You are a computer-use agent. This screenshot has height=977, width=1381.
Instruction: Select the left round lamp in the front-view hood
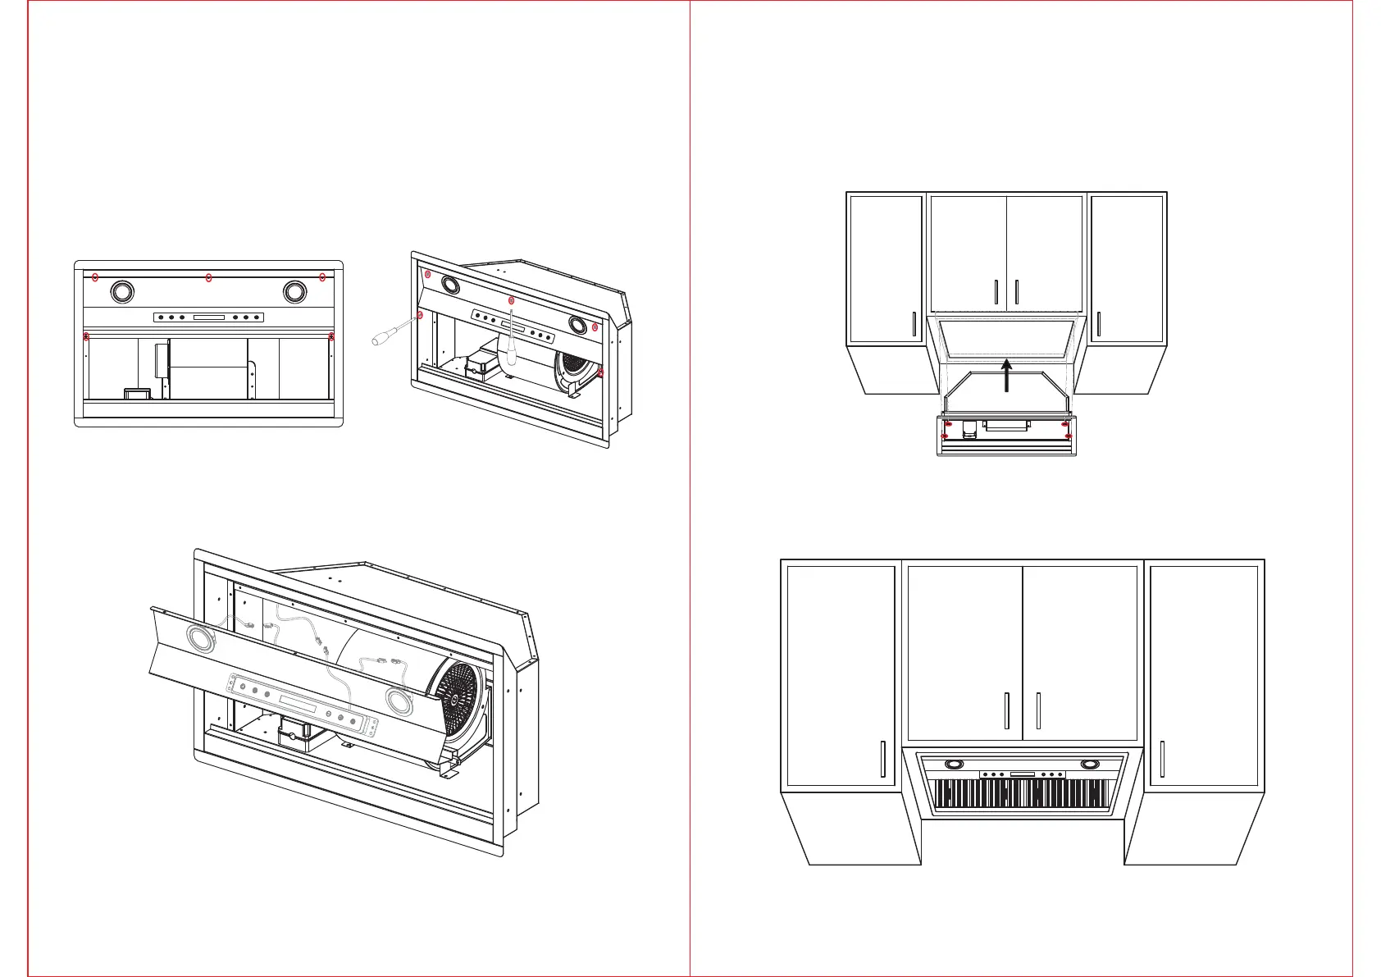(x=121, y=291)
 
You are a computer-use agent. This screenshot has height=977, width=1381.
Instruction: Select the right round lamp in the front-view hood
(x=295, y=291)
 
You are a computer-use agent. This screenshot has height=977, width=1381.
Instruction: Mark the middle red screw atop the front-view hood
(x=209, y=277)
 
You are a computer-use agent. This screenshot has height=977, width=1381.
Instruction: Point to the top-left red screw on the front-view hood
(x=95, y=276)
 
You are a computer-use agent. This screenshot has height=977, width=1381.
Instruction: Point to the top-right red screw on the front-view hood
(x=322, y=276)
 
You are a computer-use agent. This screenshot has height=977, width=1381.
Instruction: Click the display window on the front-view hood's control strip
(x=208, y=317)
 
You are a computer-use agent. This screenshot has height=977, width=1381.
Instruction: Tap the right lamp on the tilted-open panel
(x=399, y=702)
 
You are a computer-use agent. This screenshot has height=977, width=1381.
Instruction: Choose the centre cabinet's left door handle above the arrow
(x=996, y=293)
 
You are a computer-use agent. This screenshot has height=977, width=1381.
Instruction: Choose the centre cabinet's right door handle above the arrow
(x=1017, y=293)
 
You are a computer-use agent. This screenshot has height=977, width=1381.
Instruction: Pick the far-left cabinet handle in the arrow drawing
(x=914, y=324)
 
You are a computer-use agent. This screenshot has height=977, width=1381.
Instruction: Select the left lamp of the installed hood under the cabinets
(x=955, y=765)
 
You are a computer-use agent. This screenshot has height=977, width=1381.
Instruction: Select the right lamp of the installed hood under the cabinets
(x=1090, y=765)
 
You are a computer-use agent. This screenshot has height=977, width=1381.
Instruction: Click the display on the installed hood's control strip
(x=1022, y=774)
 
